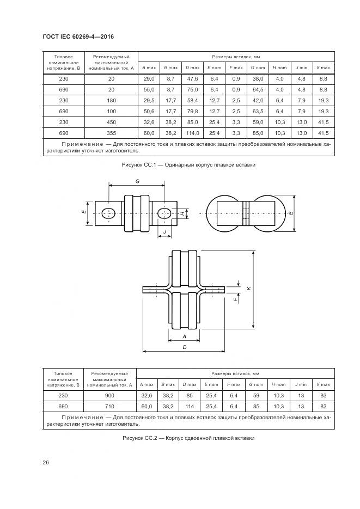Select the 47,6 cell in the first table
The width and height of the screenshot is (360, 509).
(x=192, y=79)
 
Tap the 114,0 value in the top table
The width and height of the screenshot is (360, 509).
(x=192, y=133)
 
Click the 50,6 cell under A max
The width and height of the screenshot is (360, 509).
(x=149, y=112)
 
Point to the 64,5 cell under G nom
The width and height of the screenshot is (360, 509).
(x=258, y=90)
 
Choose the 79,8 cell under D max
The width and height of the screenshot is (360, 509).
(x=192, y=112)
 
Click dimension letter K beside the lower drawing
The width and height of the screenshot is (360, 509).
(x=248, y=289)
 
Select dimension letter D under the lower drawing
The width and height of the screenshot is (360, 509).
(x=185, y=347)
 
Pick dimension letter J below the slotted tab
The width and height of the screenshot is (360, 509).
(x=164, y=231)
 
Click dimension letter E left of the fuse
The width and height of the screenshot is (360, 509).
(x=84, y=211)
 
